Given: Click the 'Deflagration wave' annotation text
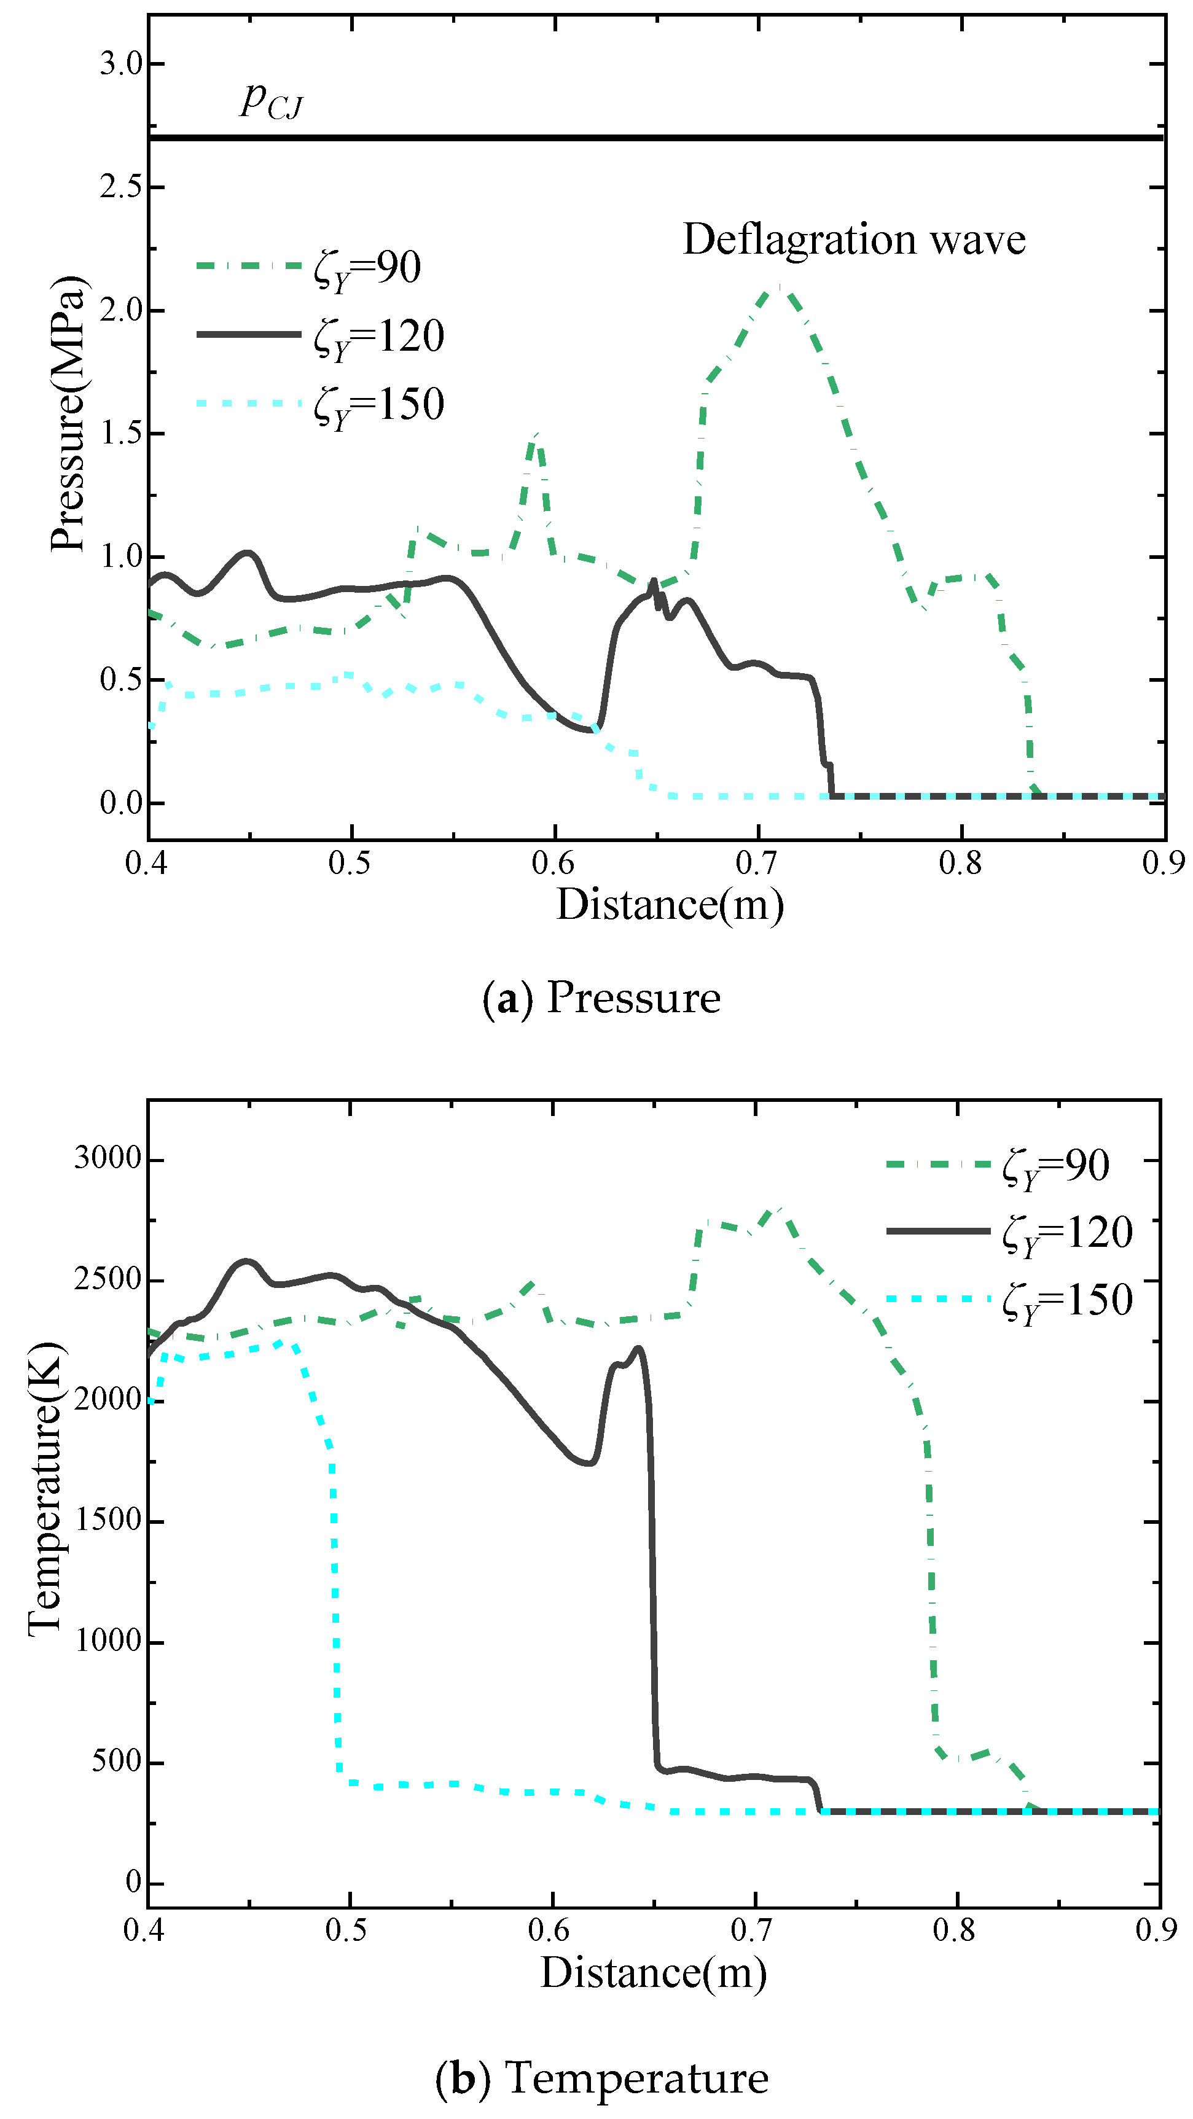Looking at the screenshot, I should pyautogui.click(x=853, y=240).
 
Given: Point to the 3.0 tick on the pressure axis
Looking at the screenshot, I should pyautogui.click(x=121, y=63).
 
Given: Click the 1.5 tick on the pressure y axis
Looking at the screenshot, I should pyautogui.click(x=121, y=434).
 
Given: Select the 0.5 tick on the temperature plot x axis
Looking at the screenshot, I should pyautogui.click(x=346, y=1929).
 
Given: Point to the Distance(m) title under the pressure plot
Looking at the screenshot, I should pyautogui.click(x=670, y=905).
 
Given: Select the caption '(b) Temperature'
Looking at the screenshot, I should pyautogui.click(x=601, y=2078).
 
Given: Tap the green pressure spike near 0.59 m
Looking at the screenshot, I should pyautogui.click(x=536, y=436).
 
